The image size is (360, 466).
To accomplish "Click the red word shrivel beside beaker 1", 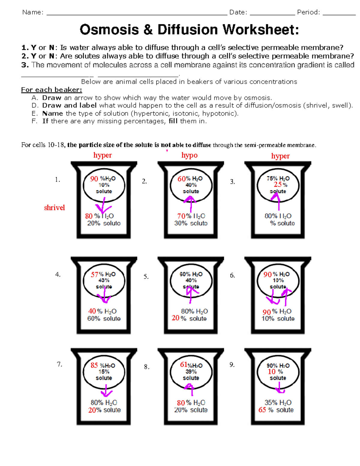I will pos(54,208).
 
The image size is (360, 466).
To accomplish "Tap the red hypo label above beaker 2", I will pos(189,155).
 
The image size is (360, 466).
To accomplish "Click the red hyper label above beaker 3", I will pos(280,156).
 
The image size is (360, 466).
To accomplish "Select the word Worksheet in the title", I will pos(260,30).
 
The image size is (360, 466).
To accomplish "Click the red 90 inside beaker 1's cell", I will pos(94,179).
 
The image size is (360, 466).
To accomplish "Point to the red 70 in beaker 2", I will pos(181,216).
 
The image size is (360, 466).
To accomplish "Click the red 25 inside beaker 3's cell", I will pos(277,185).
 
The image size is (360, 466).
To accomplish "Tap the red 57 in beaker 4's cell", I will pos(94,275).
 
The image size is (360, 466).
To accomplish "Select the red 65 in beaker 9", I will pos(262,410).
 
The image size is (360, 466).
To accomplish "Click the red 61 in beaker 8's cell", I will pos(184,365).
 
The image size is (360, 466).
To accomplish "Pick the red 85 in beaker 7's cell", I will pos(94,365).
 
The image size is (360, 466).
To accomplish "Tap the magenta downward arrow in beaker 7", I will pos(106,392).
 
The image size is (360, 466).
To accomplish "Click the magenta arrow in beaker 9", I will pos(280,389).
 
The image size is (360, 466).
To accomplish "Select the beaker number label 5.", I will pos(146,277).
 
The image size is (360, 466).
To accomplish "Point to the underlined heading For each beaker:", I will pos(51,90).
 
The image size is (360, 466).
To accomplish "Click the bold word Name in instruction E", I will pos(52,113).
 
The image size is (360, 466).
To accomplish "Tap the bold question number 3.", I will pos(25,65).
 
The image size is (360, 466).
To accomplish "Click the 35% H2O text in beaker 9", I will pos(278,403).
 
